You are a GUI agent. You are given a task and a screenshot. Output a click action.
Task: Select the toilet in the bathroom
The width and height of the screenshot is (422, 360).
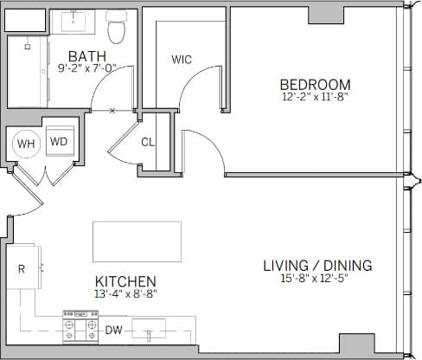(117, 28)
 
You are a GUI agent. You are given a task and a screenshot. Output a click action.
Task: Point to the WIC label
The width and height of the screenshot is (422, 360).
(182, 60)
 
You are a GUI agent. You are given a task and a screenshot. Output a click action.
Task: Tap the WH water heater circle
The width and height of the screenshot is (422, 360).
(26, 143)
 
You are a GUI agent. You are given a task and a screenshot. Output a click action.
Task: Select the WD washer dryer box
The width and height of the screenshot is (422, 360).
(59, 142)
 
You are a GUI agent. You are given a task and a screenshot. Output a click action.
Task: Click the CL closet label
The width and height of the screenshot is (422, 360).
(148, 142)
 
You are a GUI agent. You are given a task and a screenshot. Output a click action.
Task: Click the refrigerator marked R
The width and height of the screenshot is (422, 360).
(22, 269)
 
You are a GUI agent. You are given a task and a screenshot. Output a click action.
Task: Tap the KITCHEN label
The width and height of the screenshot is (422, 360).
(125, 281)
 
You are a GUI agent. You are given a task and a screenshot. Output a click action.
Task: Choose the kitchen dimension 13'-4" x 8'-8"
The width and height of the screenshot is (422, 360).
(125, 293)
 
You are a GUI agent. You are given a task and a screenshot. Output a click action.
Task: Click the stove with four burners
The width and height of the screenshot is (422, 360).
(81, 330)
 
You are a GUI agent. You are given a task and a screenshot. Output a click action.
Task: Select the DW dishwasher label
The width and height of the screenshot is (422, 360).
(113, 330)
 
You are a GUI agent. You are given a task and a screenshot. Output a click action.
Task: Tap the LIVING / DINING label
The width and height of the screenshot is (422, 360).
(317, 265)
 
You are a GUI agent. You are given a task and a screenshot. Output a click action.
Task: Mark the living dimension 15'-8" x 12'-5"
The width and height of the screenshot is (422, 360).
(317, 279)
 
